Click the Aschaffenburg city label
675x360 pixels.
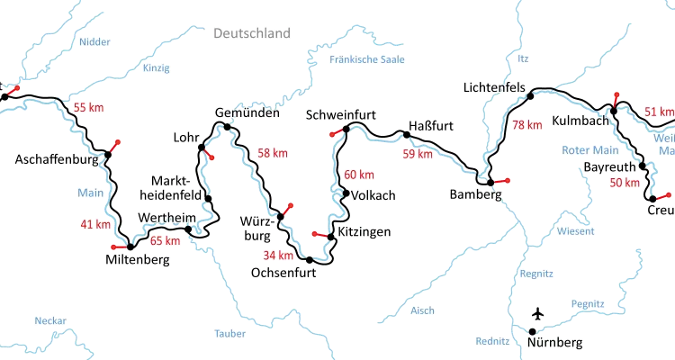tap(56, 160)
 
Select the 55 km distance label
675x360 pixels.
tap(88, 108)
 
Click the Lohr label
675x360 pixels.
tap(185, 137)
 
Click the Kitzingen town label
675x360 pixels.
tap(364, 232)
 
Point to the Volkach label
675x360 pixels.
tap(372, 193)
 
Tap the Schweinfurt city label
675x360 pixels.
tap(340, 115)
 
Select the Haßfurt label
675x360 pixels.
tap(429, 125)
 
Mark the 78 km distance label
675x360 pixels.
tap(527, 125)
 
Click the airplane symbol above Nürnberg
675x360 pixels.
tap(537, 316)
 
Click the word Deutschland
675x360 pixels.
tap(252, 34)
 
